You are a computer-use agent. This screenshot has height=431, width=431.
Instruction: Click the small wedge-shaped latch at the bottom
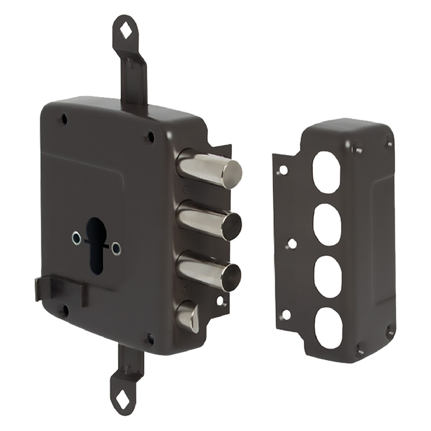click(188, 317)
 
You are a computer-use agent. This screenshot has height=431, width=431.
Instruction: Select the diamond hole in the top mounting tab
click(126, 31)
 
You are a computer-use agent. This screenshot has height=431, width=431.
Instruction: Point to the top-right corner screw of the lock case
click(150, 137)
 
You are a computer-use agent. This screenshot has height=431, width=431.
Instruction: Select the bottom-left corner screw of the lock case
click(65, 311)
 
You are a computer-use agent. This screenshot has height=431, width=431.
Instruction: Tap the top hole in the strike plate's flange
click(283, 170)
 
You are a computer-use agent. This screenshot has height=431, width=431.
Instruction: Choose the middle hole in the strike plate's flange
click(292, 244)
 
